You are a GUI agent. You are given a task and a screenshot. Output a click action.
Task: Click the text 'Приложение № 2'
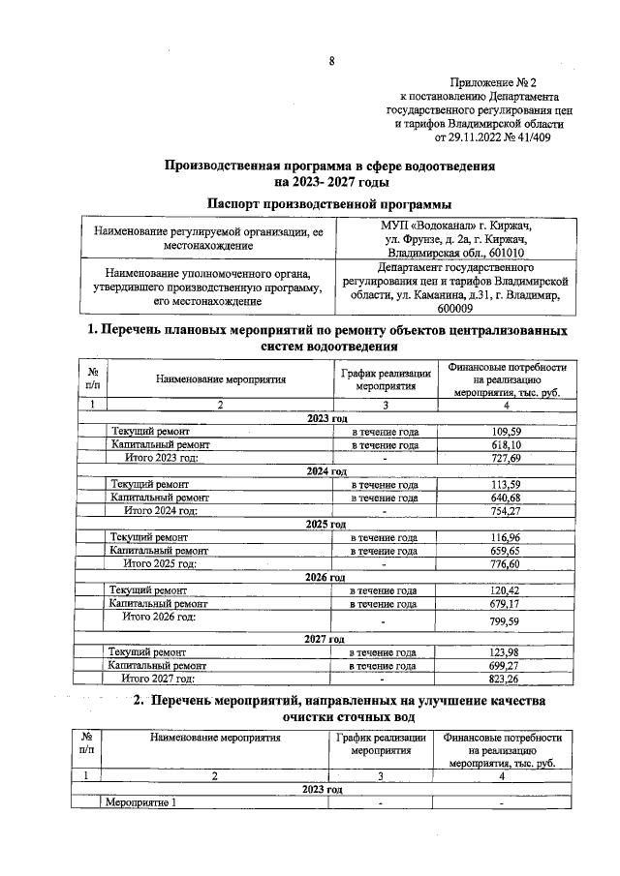507,83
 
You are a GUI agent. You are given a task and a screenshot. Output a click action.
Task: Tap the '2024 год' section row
325,470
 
